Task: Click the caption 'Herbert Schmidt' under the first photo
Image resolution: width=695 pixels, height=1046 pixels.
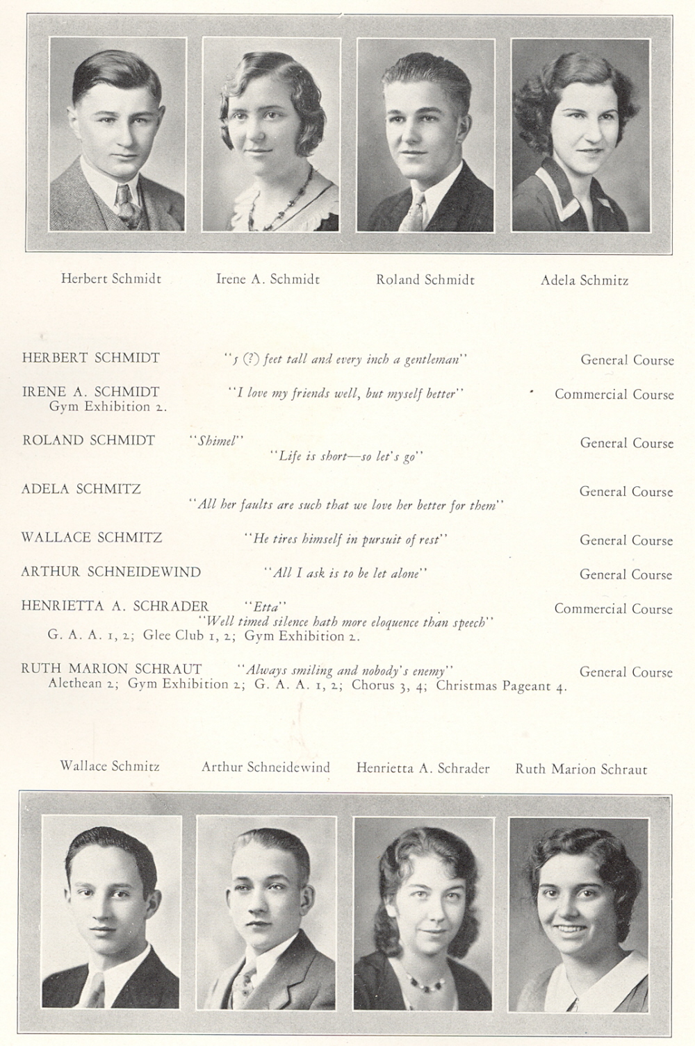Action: pos(111,279)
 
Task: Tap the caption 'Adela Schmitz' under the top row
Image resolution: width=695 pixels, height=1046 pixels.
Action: pos(584,281)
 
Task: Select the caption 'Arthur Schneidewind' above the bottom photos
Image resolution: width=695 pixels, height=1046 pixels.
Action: pos(265,767)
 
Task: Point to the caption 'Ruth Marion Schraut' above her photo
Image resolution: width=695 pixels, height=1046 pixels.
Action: pos(581,769)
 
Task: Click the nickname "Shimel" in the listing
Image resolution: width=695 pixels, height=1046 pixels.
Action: pos(216,440)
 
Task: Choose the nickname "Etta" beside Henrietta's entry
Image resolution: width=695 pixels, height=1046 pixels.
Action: pos(265,606)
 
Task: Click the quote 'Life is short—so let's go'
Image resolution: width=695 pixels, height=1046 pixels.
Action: pos(346,456)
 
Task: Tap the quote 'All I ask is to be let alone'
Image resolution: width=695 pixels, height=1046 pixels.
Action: pos(345,573)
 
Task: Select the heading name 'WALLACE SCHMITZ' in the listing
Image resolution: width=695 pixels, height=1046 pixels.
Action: pos(92,537)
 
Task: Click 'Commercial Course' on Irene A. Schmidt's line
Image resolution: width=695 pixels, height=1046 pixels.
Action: pos(614,394)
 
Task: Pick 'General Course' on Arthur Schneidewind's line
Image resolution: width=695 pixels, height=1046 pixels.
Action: pos(626,574)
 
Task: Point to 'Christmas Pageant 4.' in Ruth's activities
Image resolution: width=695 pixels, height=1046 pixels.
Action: pos(501,686)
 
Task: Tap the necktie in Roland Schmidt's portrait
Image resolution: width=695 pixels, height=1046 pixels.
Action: pos(416,212)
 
